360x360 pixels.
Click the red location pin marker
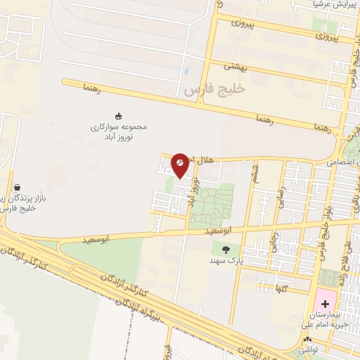(180, 165)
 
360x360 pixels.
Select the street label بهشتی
(232, 65)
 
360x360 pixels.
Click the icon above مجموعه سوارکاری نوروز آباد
(117, 115)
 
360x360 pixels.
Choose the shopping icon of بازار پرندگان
(16, 188)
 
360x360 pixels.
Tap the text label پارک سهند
(226, 261)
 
